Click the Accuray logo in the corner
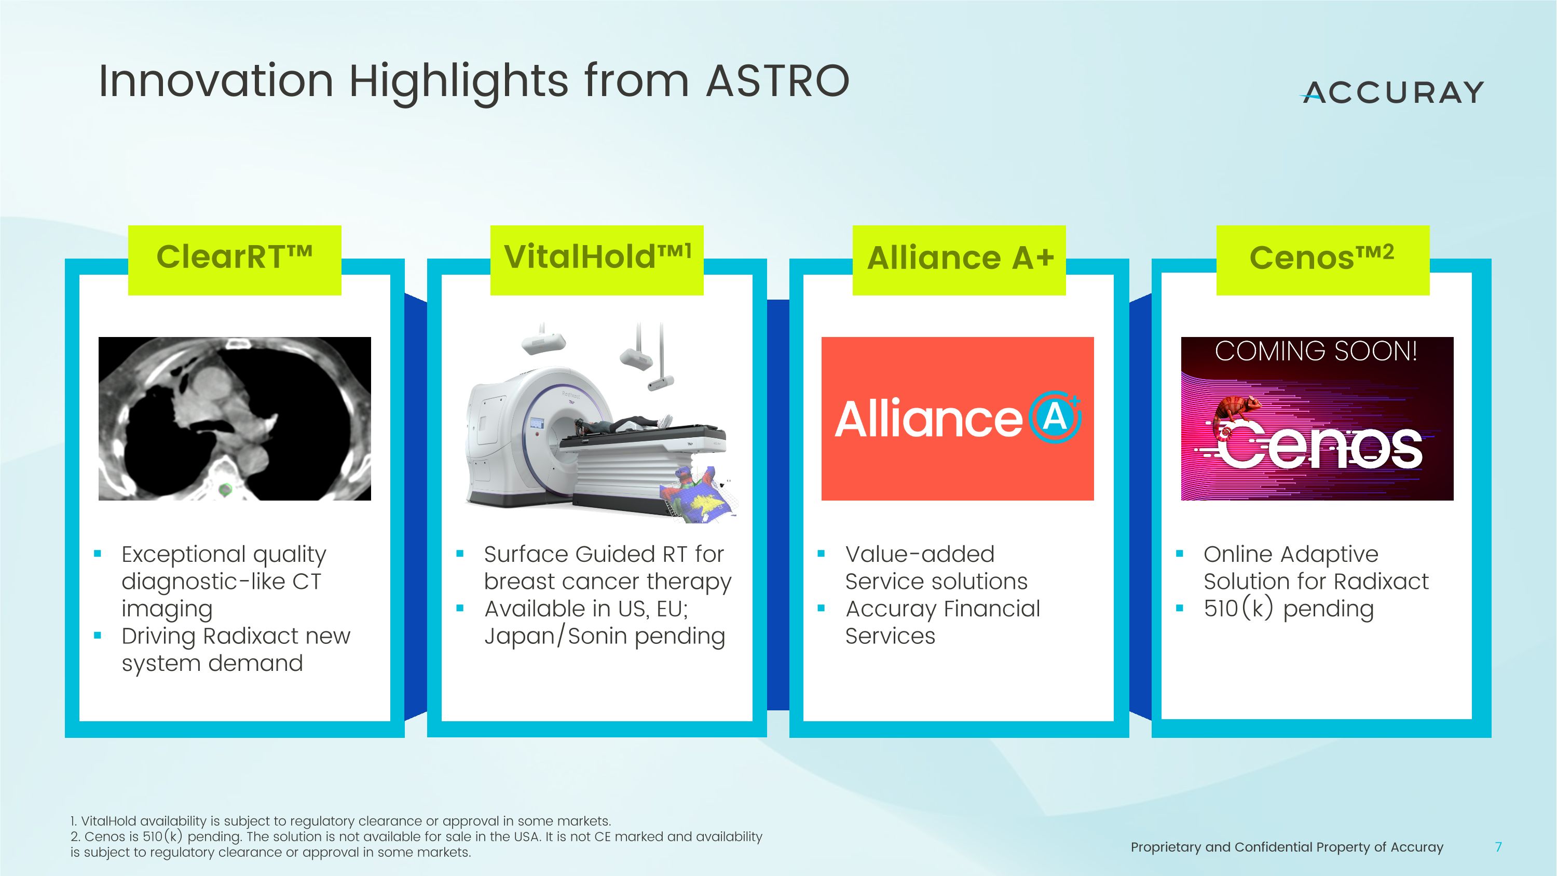[1392, 92]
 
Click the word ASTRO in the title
[778, 80]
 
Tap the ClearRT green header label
[235, 259]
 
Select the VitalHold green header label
[596, 259]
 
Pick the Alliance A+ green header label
[959, 259]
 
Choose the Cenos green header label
[1322, 259]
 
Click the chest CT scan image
[235, 419]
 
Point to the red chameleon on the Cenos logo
[1235, 411]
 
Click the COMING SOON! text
[1316, 351]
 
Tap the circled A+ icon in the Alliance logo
[1055, 417]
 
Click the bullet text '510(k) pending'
[1288, 609]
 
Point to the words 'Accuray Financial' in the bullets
[943, 609]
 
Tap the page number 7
[1498, 847]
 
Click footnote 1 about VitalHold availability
[340, 821]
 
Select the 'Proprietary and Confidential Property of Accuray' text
[1286, 847]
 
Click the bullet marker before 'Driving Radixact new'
[98, 636]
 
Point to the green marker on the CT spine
[225, 489]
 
